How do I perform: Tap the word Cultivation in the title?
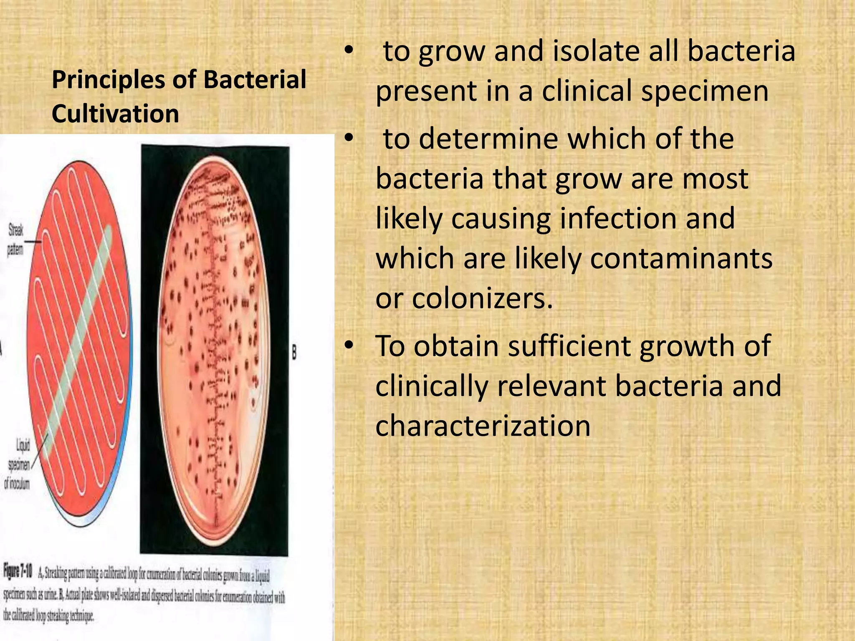[x=115, y=114]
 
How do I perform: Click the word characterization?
[x=483, y=426]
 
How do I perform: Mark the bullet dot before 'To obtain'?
[x=349, y=346]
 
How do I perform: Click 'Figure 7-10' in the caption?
[x=18, y=570]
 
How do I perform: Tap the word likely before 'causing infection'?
[x=408, y=218]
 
